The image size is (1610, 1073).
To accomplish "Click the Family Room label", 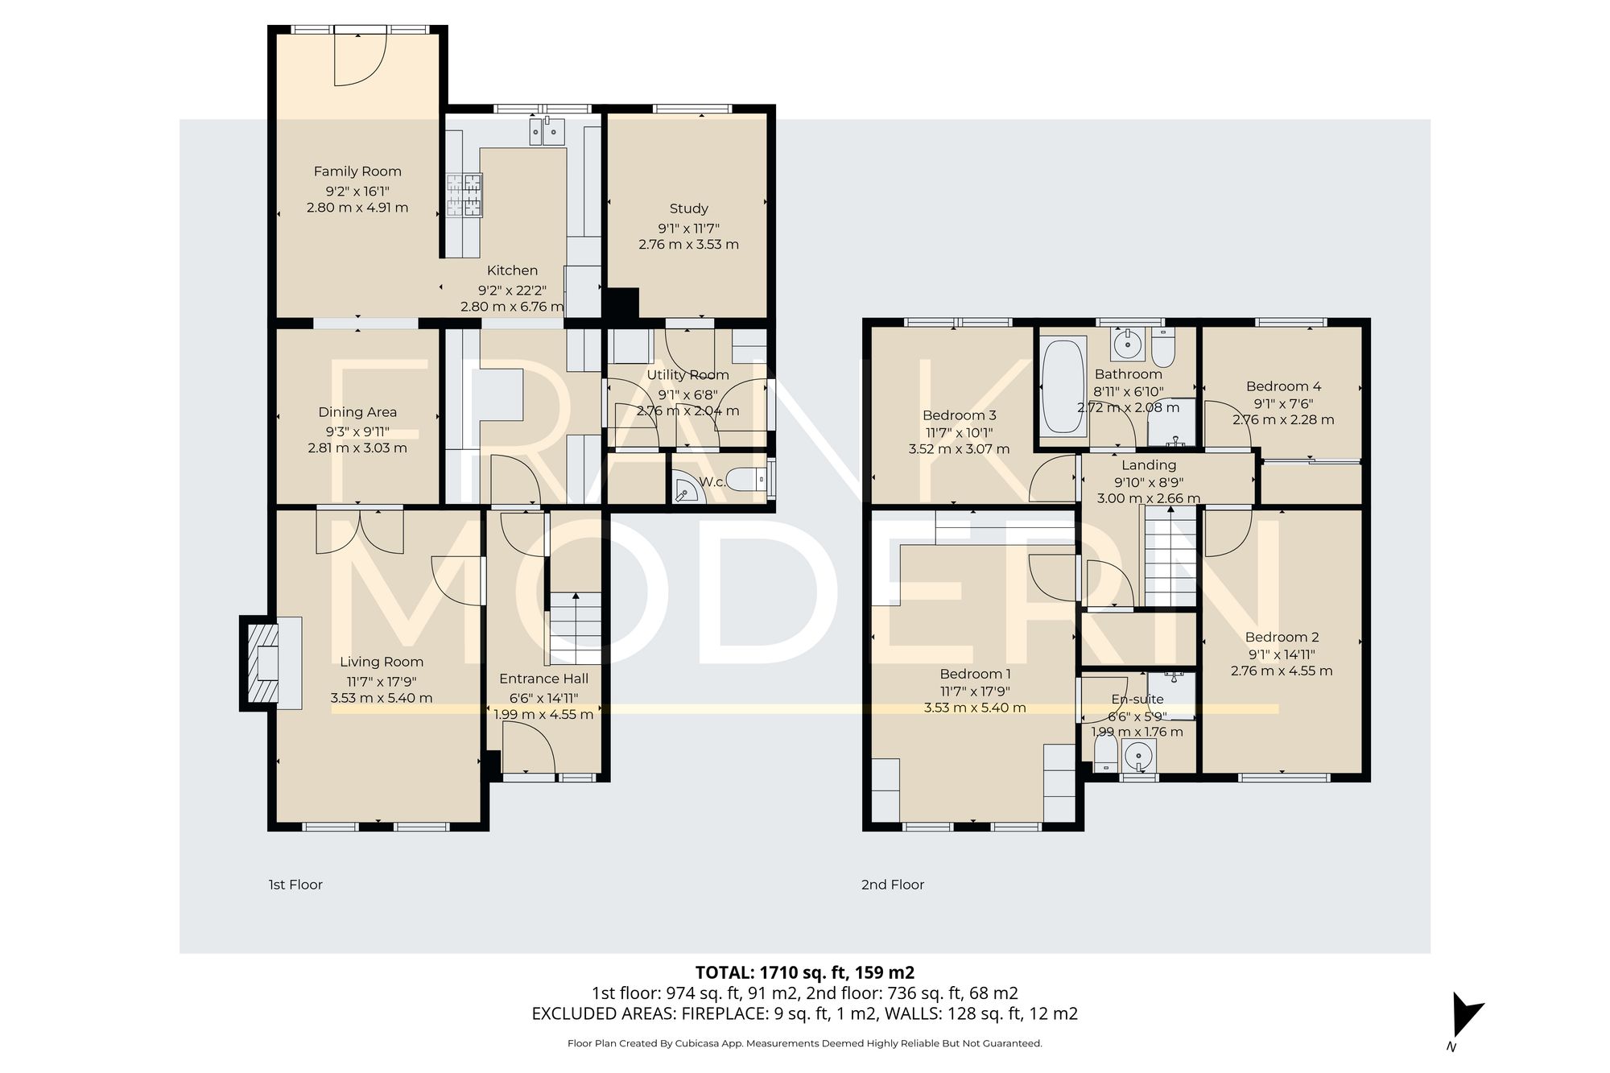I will tap(357, 171).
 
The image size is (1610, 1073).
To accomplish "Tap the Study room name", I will tap(688, 208).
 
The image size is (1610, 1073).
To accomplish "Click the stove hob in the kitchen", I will tap(464, 196).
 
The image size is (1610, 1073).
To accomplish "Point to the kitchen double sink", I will tap(547, 131).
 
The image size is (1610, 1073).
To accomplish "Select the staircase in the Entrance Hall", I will tap(576, 628).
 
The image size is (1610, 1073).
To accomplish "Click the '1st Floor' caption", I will tap(295, 885).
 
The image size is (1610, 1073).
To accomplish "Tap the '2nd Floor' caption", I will tap(892, 885).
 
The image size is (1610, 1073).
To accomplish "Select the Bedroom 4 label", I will tap(1283, 386).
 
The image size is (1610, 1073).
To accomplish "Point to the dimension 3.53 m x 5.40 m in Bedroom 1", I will tap(974, 708).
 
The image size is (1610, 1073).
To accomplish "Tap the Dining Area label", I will tap(357, 412).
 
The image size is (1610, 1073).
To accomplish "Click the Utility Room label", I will tap(687, 375).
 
